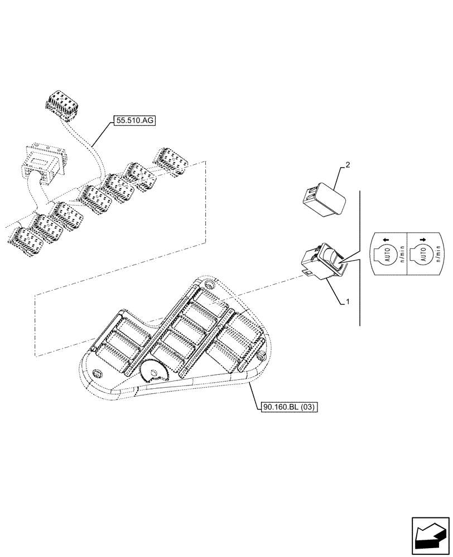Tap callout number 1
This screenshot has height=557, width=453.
point(348,301)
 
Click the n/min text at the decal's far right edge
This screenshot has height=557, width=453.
point(436,257)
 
